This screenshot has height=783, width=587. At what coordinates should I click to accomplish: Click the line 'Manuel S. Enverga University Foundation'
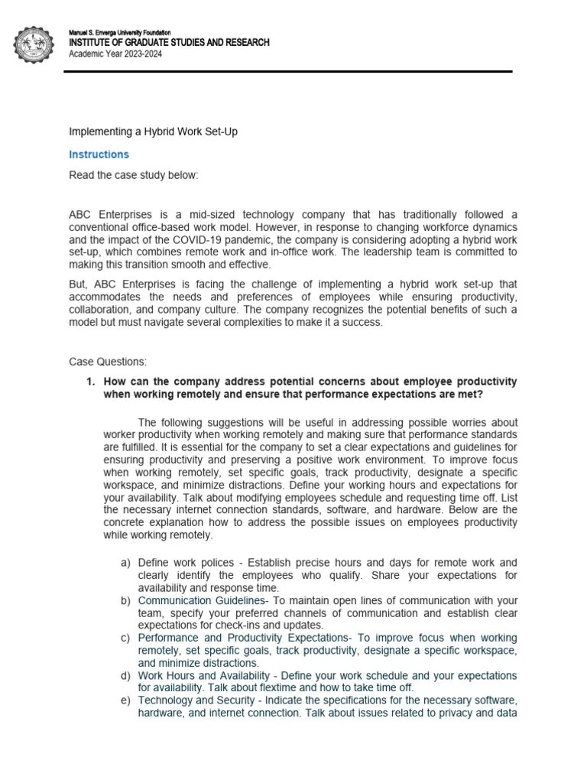tap(120, 33)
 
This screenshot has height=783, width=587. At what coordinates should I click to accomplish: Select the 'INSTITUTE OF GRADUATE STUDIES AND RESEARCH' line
tap(169, 42)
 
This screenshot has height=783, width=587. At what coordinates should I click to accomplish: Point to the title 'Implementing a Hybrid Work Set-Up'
tap(153, 132)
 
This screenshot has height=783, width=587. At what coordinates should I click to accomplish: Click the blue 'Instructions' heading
tap(99, 154)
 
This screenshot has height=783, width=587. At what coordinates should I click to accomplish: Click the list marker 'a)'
tap(125, 563)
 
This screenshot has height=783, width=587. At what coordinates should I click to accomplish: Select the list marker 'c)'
tap(125, 638)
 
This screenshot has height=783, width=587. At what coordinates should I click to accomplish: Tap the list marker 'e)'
tap(125, 700)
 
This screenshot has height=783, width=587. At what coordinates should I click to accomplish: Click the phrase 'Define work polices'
tap(185, 563)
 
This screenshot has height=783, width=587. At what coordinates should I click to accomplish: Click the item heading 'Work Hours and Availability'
tap(200, 675)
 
